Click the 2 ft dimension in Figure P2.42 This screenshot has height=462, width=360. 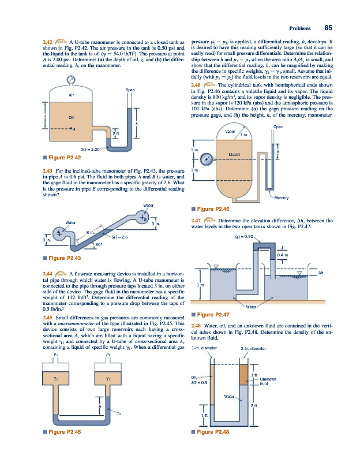(x=116, y=135)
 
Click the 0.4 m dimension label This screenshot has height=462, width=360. (x=282, y=254)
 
